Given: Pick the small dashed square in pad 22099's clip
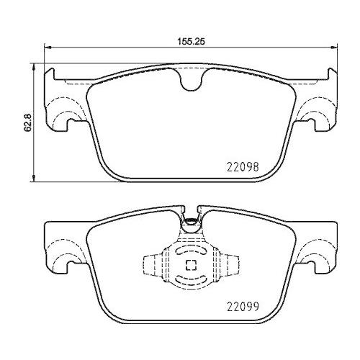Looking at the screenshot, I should [x=191, y=265].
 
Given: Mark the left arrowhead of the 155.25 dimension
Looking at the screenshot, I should [x=48, y=49].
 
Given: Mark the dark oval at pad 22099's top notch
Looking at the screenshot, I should [x=191, y=222].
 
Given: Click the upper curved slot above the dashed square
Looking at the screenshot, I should [x=191, y=251].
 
